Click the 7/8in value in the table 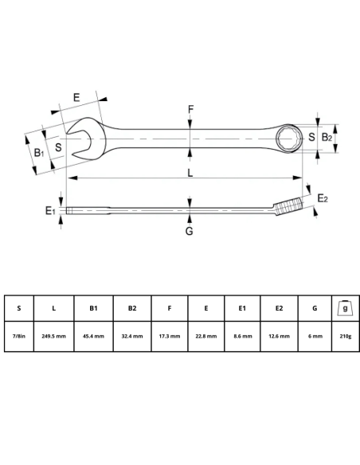(19, 336)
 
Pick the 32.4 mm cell (131, 336)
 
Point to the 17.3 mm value (169, 336)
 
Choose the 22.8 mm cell (206, 336)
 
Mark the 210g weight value (345, 336)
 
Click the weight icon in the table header (345, 307)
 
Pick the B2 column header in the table (131, 308)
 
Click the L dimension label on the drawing (190, 172)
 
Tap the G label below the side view (189, 232)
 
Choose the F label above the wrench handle (190, 109)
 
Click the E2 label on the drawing (323, 198)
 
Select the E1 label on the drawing (50, 210)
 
